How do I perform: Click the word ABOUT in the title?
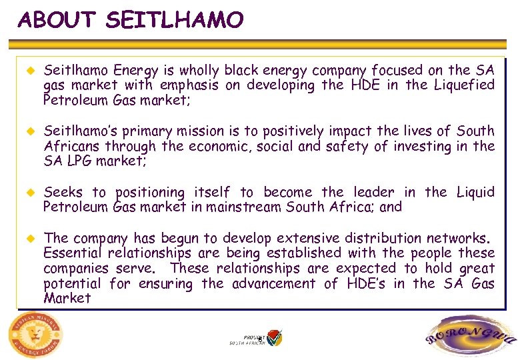[57, 20]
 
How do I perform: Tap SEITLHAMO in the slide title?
[174, 20]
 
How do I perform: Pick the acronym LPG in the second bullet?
[79, 161]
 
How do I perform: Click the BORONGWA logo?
[470, 337]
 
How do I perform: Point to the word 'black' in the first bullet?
[241, 70]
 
